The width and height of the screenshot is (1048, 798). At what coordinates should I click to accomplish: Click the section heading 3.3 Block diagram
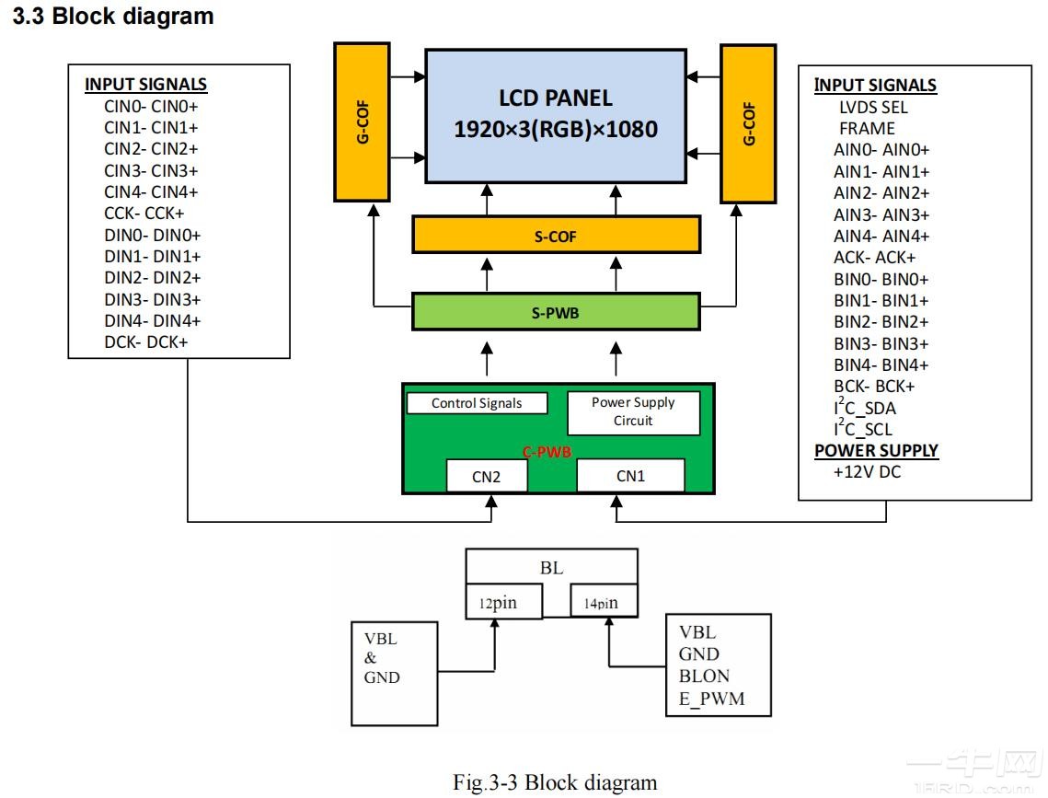coord(113,17)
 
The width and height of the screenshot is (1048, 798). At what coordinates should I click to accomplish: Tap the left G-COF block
coord(364,122)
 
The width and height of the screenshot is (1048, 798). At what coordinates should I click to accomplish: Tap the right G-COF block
coord(749,122)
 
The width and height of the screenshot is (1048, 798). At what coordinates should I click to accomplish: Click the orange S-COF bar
coord(555,237)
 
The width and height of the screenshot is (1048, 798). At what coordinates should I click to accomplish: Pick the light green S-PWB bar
coord(555,313)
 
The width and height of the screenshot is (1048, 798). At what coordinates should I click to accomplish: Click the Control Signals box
coord(477,403)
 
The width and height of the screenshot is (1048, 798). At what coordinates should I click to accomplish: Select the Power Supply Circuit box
coord(633,411)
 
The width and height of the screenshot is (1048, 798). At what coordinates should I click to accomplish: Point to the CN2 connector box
coord(487,476)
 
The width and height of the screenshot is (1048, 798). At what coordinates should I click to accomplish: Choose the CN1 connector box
coord(630,476)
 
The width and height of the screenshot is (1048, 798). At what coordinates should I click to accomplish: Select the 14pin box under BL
coord(603,604)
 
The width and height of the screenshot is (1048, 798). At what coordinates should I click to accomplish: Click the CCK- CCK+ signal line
coord(144,214)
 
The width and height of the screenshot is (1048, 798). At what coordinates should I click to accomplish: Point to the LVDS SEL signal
coord(872,107)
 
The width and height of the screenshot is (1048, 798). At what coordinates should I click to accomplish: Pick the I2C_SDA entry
coord(864,408)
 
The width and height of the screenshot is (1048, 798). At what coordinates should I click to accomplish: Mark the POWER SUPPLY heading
coord(876,451)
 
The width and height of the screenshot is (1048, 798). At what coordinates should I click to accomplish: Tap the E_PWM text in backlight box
coord(711,699)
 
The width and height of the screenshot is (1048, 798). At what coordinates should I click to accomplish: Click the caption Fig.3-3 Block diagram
coord(555,782)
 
